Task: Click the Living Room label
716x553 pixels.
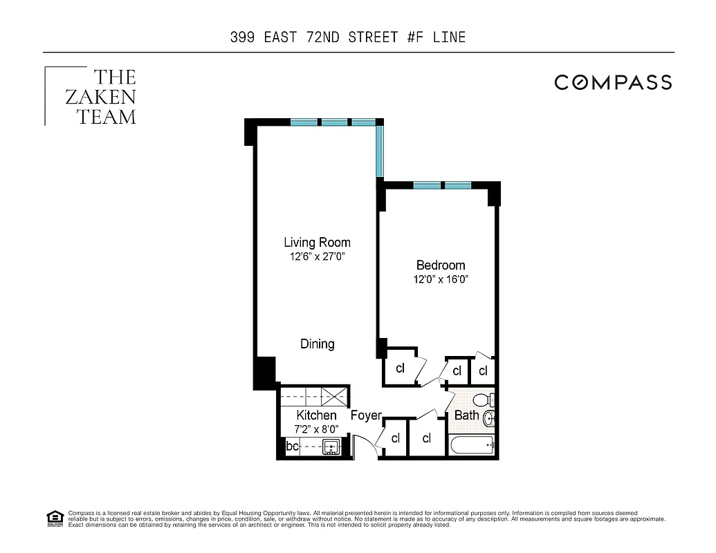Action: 317,243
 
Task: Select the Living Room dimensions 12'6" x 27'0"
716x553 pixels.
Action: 317,257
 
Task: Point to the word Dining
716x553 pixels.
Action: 317,344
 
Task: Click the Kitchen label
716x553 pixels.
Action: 316,415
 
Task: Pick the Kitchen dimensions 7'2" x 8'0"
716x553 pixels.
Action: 316,429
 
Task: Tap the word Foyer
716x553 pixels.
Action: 366,415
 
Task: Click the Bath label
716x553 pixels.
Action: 466,415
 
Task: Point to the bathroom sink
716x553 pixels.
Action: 488,418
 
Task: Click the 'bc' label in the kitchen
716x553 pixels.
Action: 293,447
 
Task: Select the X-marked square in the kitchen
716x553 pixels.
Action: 337,396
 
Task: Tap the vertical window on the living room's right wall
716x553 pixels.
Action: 380,151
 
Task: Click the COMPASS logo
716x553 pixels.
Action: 613,82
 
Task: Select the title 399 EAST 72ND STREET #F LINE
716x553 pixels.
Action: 348,37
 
